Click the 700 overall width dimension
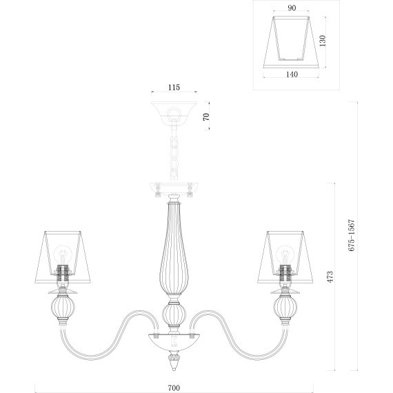174,387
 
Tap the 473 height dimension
330,276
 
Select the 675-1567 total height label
352,235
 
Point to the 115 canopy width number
174,88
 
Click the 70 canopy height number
206,117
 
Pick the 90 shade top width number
292,8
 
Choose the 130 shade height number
323,41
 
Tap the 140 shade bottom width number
292,74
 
